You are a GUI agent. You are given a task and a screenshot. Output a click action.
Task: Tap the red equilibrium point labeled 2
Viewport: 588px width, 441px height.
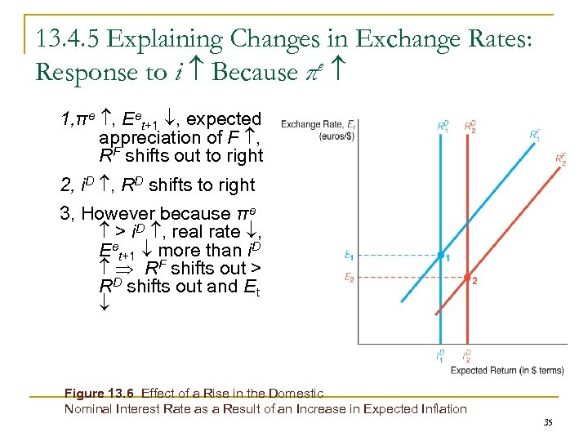pyautogui.click(x=466, y=278)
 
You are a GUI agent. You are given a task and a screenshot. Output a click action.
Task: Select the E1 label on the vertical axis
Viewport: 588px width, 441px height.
pyautogui.click(x=349, y=256)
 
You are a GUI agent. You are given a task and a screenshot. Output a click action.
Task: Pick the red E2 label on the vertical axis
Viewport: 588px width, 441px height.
pyautogui.click(x=349, y=278)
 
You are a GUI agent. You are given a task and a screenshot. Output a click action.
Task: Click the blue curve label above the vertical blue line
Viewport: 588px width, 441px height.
pyautogui.click(x=443, y=127)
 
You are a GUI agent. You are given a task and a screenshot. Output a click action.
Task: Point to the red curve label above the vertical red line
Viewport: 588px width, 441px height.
pyautogui.click(x=470, y=127)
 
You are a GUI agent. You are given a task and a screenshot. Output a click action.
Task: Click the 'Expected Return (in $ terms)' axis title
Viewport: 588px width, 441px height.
pyautogui.click(x=506, y=371)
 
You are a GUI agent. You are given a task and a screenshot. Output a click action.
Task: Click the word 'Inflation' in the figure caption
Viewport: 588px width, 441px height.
pyautogui.click(x=440, y=408)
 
